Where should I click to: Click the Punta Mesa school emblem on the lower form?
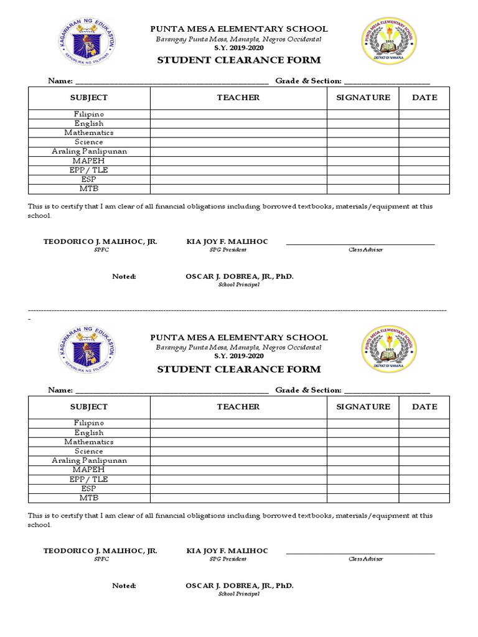pos(390,349)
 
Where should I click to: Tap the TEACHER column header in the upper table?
pos(238,98)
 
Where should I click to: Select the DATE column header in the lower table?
pos(424,407)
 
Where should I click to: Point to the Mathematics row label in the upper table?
pos(89,133)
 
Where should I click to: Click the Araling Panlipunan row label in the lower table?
pos(89,460)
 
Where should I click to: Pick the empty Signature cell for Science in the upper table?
pos(363,142)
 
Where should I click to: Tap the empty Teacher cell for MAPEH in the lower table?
pos(238,470)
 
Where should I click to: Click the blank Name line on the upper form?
pos(172,81)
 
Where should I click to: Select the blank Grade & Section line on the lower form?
pos(387,390)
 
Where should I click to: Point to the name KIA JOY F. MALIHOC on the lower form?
pos(227,551)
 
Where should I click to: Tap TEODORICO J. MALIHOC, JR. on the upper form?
pos(100,241)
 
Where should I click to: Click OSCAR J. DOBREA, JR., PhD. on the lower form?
pos(239,585)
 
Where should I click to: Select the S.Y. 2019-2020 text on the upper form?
pos(238,47)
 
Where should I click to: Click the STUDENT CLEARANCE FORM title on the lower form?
pos(238,369)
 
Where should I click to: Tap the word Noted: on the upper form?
pos(124,276)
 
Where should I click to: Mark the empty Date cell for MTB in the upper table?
pos(424,189)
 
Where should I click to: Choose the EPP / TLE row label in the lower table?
pos(89,479)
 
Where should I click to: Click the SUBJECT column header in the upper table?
pos(89,98)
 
